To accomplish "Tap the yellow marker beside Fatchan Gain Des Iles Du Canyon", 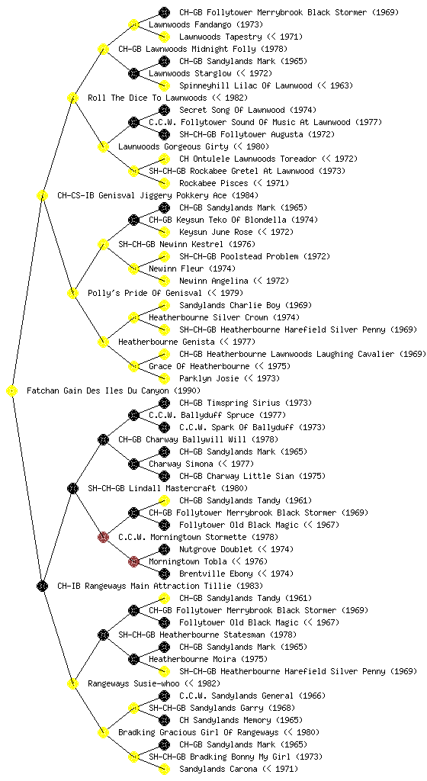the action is (12, 390).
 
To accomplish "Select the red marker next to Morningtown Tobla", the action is (133, 561).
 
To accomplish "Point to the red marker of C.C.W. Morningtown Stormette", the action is (103, 537).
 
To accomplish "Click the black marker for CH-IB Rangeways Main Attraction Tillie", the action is (42, 586).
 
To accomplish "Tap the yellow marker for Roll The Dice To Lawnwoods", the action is (72, 98).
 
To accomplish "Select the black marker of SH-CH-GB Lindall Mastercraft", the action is (72, 488).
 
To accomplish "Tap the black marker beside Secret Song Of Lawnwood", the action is (164, 110).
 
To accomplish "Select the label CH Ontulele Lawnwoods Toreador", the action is (248, 159).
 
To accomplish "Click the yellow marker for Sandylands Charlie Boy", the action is (164, 305).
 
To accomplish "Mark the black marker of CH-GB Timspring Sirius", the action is (164, 403).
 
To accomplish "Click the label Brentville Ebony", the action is (216, 574).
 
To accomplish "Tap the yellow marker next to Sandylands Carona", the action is (164, 769).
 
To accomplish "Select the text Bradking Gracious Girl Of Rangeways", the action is (198, 732).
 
